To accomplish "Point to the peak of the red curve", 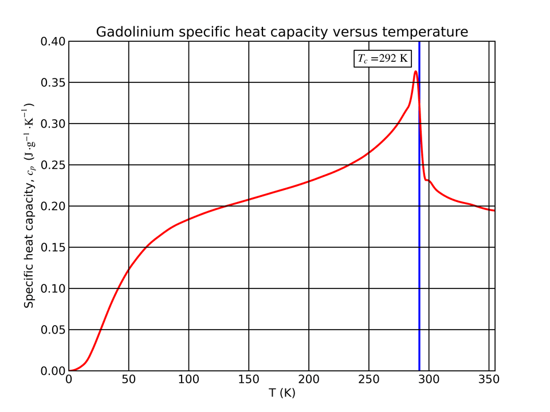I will (415, 71).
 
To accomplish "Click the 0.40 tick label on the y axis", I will (53, 42).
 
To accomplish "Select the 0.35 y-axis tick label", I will (53, 83).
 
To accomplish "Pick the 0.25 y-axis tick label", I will (53, 165).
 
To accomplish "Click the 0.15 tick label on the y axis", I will (53, 248).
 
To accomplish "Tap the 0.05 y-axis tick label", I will (53, 330).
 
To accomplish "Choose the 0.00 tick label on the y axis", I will (53, 371).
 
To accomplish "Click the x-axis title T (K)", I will (282, 394).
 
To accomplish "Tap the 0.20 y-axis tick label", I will (53, 207).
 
